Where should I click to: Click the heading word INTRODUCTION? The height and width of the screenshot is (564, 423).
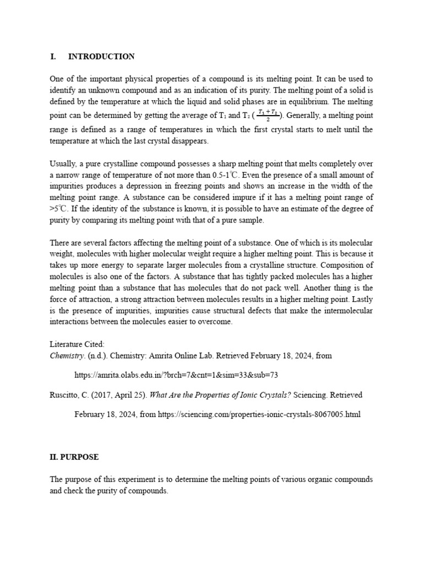point(101,57)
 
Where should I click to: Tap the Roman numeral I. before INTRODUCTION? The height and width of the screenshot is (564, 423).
point(53,57)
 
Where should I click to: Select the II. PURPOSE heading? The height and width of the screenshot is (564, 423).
point(74,457)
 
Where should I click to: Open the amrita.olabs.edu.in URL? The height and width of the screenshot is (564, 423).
point(176,375)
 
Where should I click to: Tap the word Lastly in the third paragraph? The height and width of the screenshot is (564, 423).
point(360,300)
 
